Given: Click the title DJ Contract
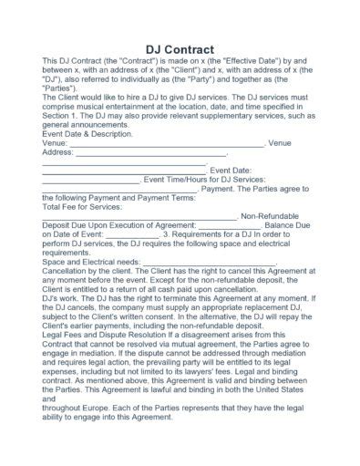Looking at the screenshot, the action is click(x=180, y=48).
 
